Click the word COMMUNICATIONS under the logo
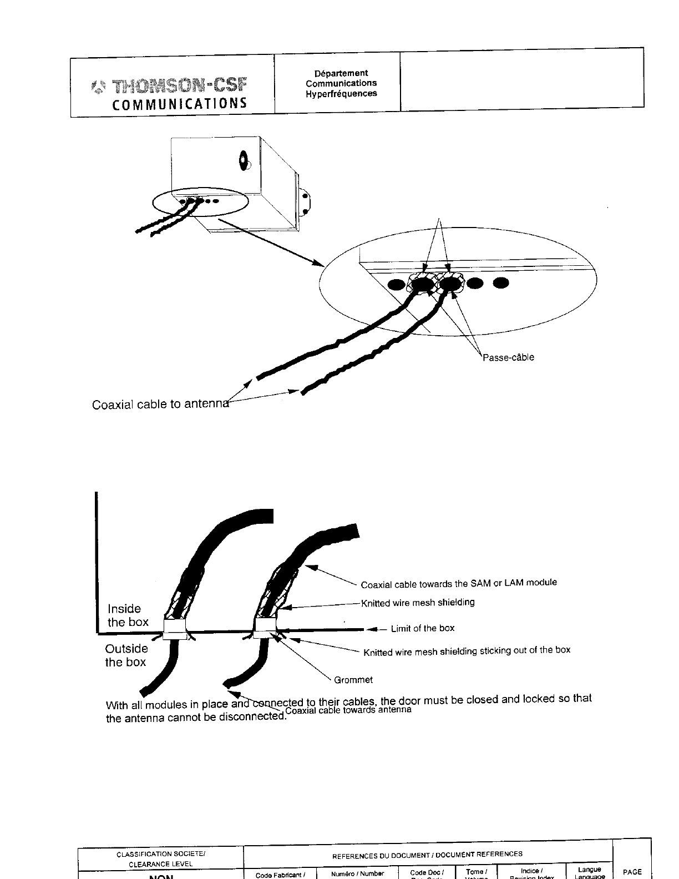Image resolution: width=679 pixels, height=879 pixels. tap(179, 104)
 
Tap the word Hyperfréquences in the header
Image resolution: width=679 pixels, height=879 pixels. tap(341, 94)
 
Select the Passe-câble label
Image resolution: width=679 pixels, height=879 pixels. tap(508, 357)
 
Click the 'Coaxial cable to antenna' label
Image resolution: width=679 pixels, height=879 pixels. tap(160, 405)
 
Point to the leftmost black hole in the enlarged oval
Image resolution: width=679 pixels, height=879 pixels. tap(397, 285)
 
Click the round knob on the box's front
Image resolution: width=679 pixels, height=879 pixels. tap(244, 161)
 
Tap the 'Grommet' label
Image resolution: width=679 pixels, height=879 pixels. tap(353, 680)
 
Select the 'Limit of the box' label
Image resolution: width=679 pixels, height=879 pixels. tap(423, 629)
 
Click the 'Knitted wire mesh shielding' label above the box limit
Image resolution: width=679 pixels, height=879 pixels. tap(418, 603)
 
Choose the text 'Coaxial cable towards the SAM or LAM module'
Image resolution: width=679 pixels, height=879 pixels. tap(459, 583)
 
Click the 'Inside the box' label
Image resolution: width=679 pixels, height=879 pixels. tap(128, 615)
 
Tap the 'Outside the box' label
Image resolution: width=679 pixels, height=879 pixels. tap(126, 655)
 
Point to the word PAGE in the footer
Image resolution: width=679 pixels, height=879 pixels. tap(632, 872)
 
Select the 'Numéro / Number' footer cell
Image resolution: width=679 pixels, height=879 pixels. tap(358, 873)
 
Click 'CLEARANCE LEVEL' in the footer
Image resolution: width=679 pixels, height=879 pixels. tap(161, 864)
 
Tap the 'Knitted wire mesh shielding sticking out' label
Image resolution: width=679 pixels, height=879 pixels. tap(467, 651)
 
